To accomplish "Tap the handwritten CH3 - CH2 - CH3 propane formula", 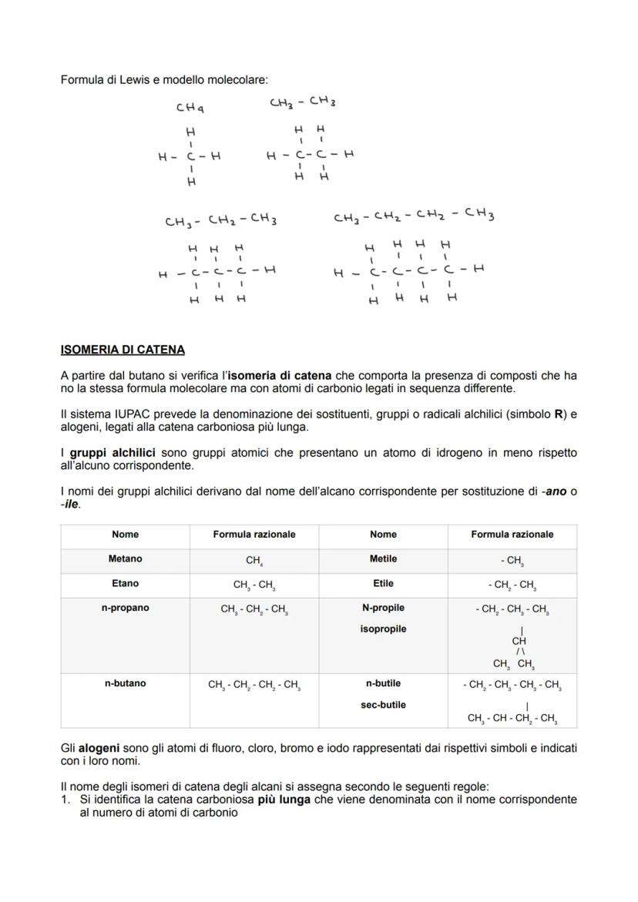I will pyautogui.click(x=220, y=221).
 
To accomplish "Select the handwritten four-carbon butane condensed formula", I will pyautogui.click(x=414, y=216).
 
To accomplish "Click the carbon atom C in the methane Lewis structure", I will pyautogui.click(x=190, y=156).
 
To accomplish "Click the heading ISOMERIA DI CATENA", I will pyautogui.click(x=123, y=350).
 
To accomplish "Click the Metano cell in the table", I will pyautogui.click(x=126, y=558).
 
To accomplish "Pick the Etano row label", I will pyautogui.click(x=126, y=583).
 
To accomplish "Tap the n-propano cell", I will pyautogui.click(x=126, y=608).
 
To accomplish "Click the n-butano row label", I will pyautogui.click(x=126, y=683).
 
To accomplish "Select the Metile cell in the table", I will pyautogui.click(x=383, y=558).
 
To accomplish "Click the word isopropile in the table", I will pyautogui.click(x=383, y=629).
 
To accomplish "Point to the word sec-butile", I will pyautogui.click(x=383, y=705).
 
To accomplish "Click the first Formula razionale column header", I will pyautogui.click(x=254, y=534).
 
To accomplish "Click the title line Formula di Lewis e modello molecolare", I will pyautogui.click(x=165, y=79).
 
